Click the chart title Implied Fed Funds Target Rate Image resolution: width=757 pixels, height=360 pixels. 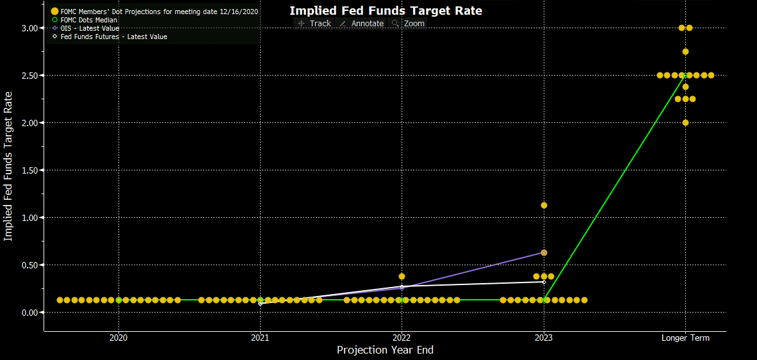386,10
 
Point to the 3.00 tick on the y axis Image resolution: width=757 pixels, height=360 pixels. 29,28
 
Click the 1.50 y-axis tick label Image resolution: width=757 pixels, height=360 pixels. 29,170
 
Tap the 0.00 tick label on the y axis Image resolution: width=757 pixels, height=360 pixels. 29,313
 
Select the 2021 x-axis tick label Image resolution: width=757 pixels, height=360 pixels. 260,338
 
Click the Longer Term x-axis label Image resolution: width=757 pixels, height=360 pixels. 685,338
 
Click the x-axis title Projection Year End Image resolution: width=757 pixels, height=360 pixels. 385,350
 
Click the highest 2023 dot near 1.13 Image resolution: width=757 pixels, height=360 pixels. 544,206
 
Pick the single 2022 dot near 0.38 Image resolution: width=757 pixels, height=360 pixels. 402,277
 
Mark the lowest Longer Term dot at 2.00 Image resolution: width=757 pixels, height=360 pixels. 685,123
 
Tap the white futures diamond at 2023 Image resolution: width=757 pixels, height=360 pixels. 544,282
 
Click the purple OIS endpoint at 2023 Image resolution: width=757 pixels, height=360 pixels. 544,253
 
